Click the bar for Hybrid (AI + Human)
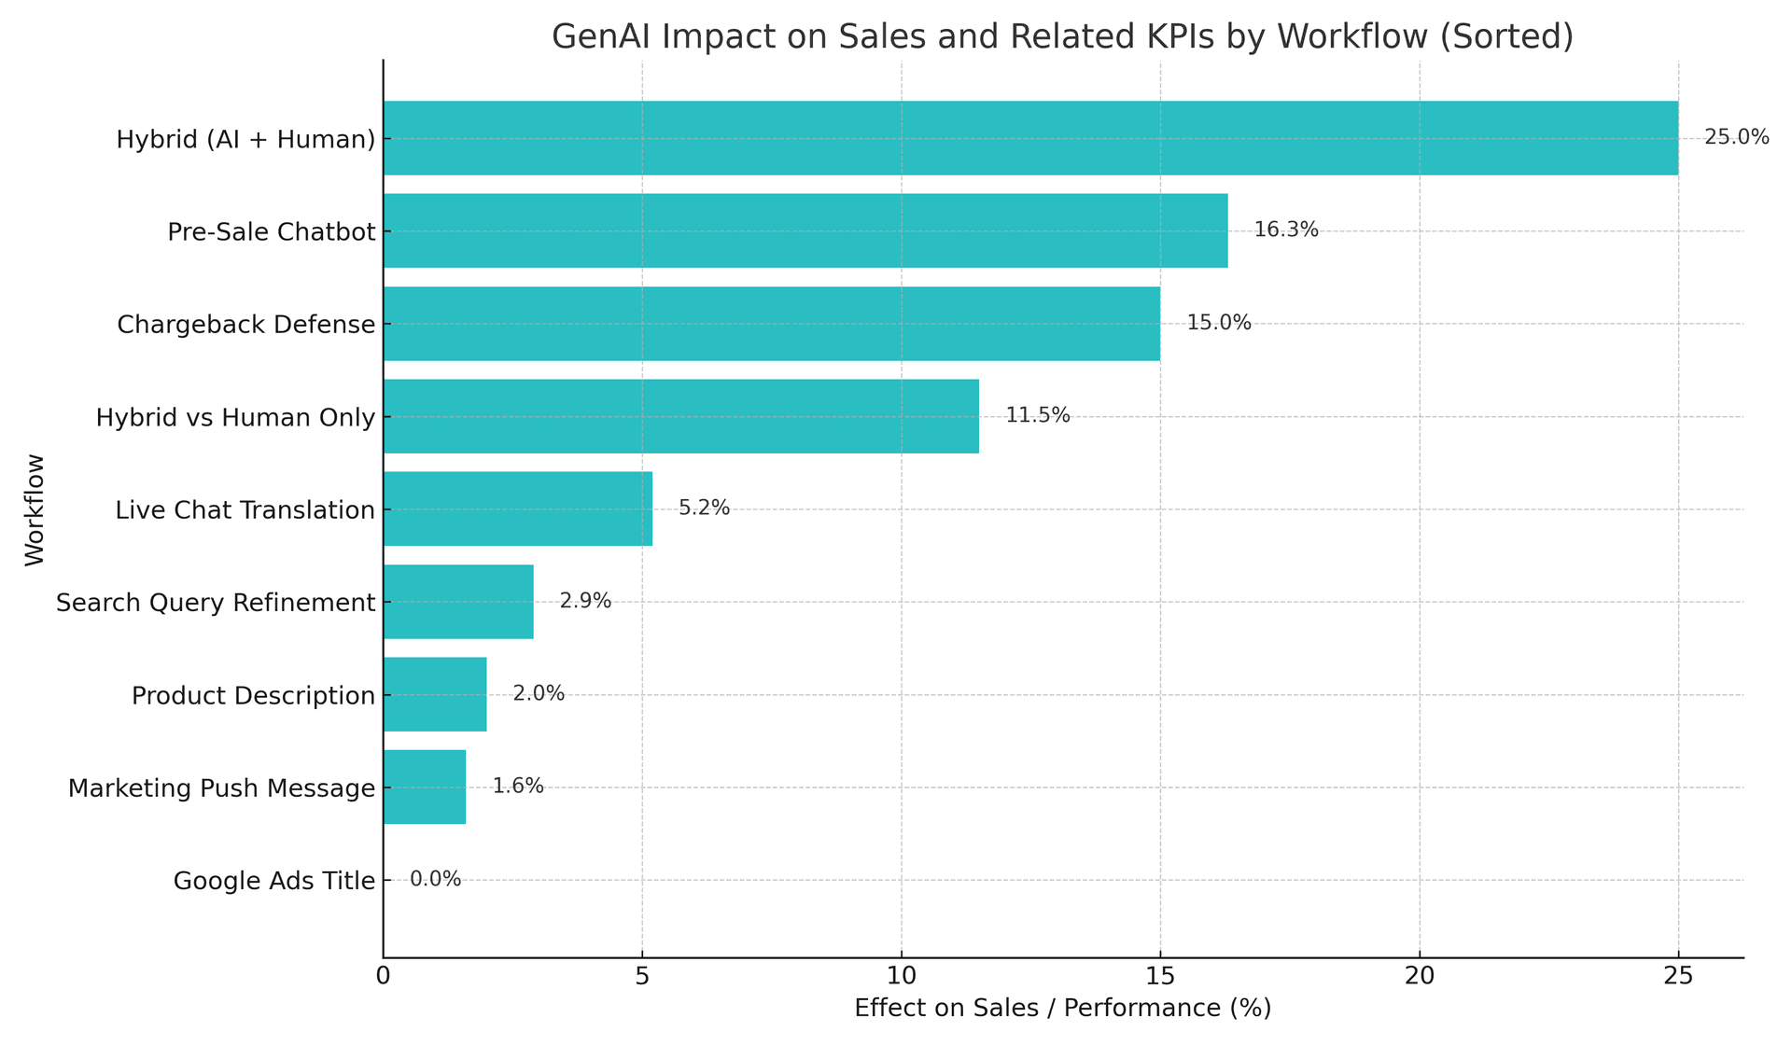1030,138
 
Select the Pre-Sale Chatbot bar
805,230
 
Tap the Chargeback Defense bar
771,324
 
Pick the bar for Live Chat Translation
517,509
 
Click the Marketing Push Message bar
424,787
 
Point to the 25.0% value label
1736,138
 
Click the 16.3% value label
1285,230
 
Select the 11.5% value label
1037,416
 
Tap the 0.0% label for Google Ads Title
435,880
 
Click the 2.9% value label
585,602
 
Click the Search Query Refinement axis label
216,603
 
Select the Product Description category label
253,696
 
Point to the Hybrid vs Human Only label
235,417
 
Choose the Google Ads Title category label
274,881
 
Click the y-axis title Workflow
35,509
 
